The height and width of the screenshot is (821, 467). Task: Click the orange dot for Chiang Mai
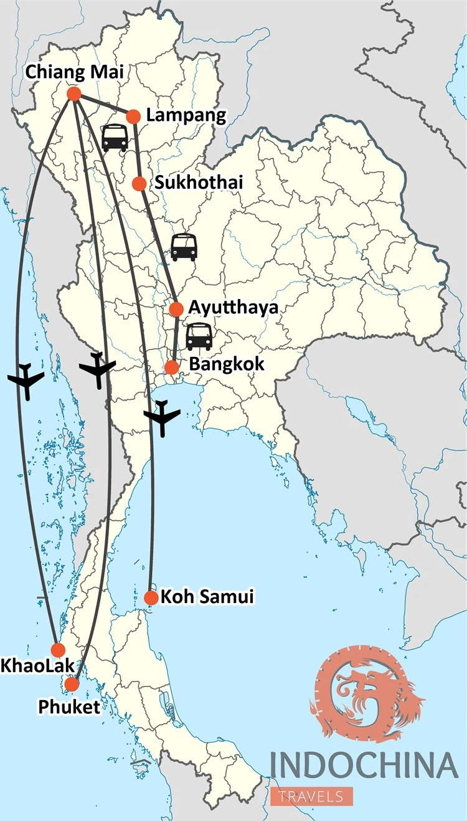point(73,94)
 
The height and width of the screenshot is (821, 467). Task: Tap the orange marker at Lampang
point(133,116)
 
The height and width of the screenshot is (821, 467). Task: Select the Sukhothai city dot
point(139,183)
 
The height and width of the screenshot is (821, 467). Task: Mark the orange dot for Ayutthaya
point(176,308)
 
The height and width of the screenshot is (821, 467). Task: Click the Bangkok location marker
point(172,367)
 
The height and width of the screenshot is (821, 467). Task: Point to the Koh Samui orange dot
point(151,597)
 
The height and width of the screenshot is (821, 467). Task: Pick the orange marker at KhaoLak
point(58,650)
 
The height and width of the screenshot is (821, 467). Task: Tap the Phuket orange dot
point(72,684)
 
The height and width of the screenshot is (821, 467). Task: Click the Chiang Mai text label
point(74,72)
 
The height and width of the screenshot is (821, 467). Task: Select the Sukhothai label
point(198,183)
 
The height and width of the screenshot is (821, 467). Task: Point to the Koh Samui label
point(207,597)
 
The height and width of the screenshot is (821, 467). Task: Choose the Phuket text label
point(68,707)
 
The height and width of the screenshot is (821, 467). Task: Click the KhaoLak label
point(32,666)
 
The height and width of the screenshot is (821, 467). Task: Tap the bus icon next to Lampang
point(115,138)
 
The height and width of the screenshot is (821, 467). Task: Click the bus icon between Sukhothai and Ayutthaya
point(184,247)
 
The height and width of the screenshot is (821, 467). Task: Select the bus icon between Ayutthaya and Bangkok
point(199,336)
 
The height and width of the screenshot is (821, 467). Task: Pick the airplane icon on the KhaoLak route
point(26,380)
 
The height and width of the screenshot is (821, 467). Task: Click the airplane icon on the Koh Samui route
point(162,418)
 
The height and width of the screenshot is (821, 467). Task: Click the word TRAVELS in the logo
point(311,795)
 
